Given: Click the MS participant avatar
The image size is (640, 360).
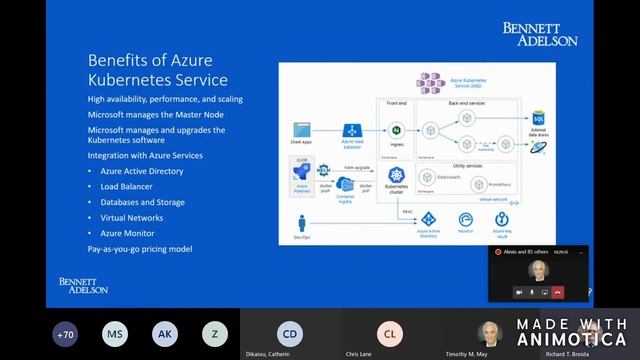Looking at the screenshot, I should pyautogui.click(x=116, y=334).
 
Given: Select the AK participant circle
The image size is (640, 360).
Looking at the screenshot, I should pyautogui.click(x=165, y=334).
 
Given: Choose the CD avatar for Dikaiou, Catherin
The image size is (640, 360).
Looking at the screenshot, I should pyautogui.click(x=290, y=334).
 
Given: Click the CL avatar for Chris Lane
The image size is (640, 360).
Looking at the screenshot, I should pyautogui.click(x=390, y=334).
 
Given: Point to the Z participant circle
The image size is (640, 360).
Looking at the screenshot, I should pyautogui.click(x=214, y=334).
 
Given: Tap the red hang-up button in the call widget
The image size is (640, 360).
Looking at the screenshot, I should pyautogui.click(x=558, y=291).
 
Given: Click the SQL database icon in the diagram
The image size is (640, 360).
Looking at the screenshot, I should pyautogui.click(x=538, y=118).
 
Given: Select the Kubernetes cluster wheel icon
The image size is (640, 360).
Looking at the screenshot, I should pyautogui.click(x=396, y=175).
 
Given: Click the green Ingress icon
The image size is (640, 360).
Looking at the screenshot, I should pyautogui.click(x=396, y=131).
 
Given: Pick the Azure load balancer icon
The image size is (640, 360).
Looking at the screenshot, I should pyautogui.click(x=352, y=131).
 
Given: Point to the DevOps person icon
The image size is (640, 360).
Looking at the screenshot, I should pyautogui.click(x=301, y=222).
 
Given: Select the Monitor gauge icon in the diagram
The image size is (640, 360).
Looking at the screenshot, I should pyautogui.click(x=465, y=219).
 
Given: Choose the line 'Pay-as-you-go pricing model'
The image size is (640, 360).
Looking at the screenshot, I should pyautogui.click(x=139, y=249).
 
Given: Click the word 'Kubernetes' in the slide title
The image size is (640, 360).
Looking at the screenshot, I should pyautogui.click(x=130, y=80).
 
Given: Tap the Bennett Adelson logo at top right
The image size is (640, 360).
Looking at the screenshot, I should pyautogui.click(x=540, y=34).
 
